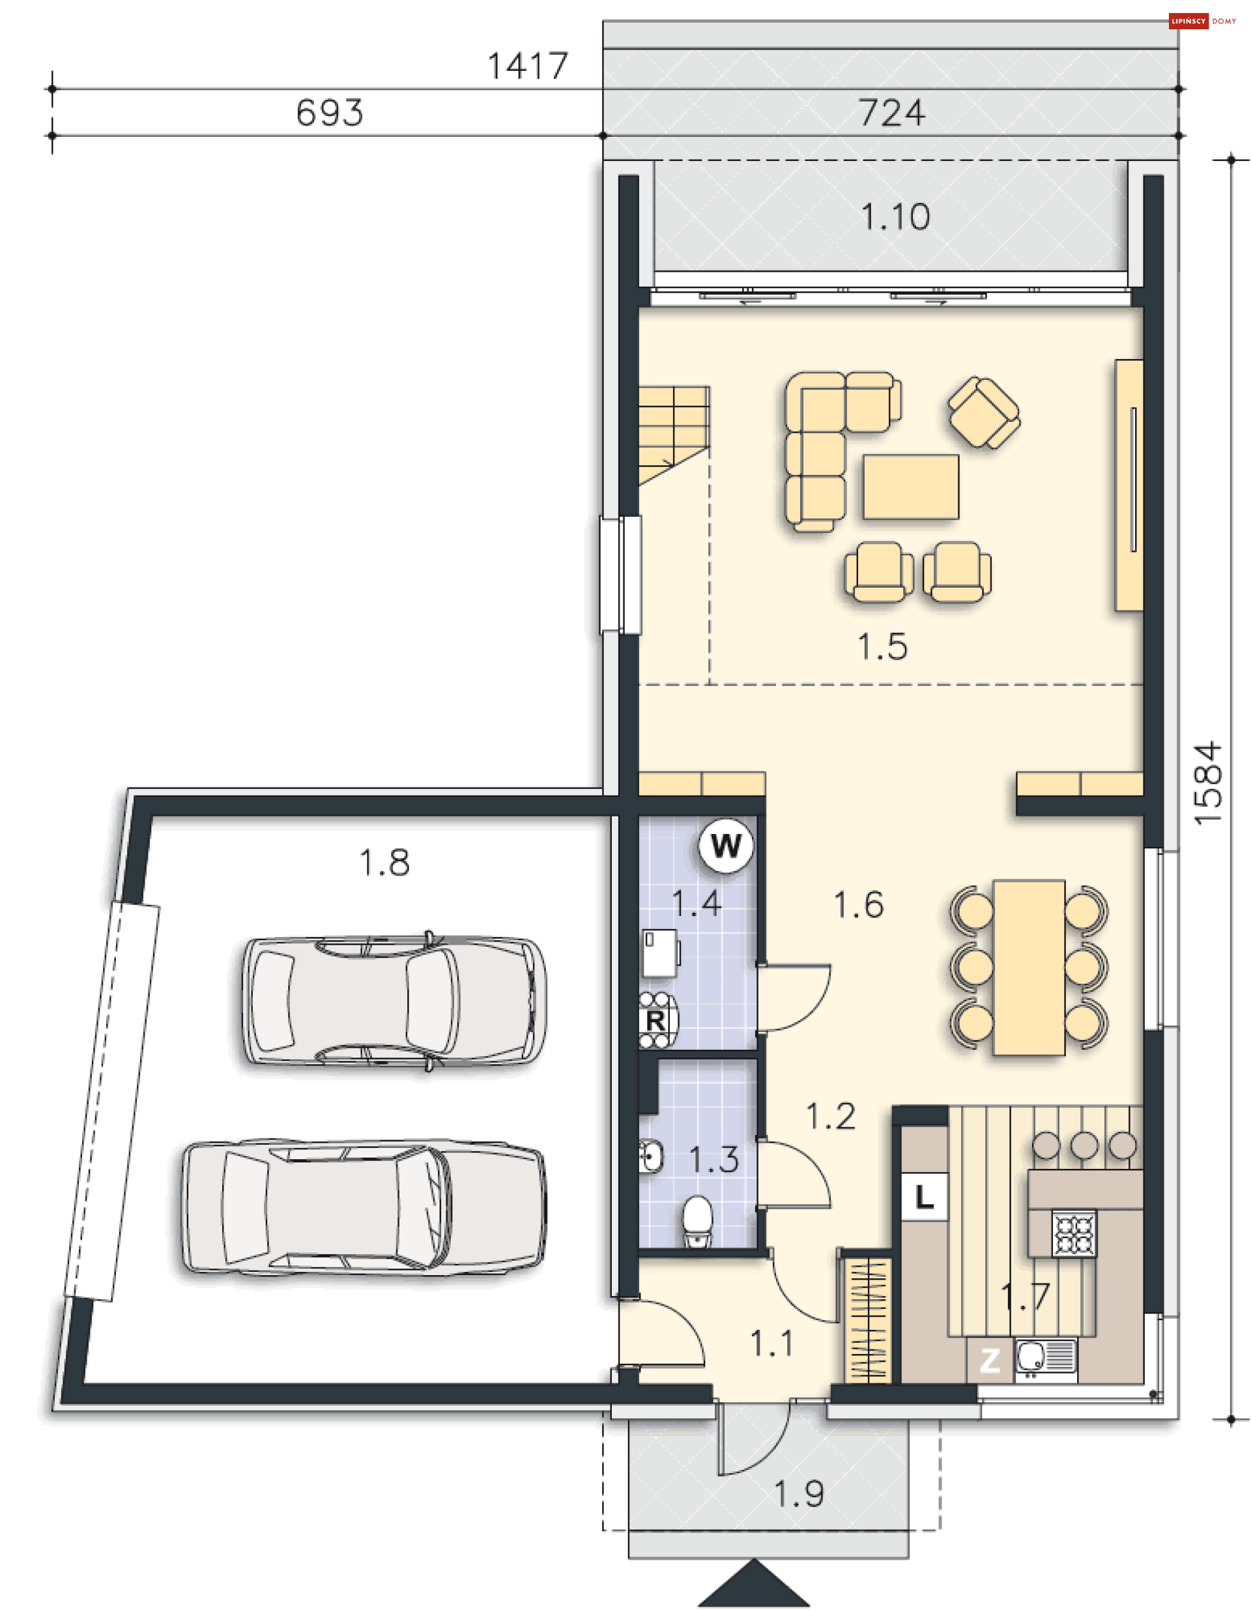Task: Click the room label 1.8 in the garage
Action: [384, 863]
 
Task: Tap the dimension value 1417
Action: [528, 66]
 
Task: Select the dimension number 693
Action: [330, 113]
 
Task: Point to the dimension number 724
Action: [891, 113]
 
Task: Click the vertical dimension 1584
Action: [1208, 783]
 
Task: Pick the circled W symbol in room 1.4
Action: [726, 846]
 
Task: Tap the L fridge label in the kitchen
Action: [925, 1196]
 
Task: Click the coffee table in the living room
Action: [911, 487]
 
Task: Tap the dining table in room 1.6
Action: [1028, 967]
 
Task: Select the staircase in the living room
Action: [673, 435]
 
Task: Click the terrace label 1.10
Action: [896, 218]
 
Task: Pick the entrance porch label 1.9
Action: [798, 1494]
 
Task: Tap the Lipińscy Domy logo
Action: [1202, 22]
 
